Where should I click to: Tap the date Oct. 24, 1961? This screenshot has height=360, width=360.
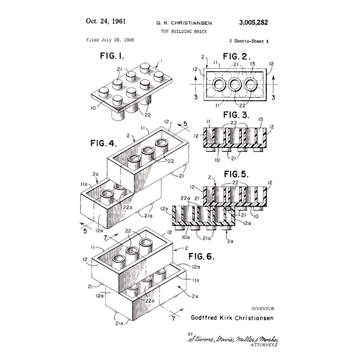105,21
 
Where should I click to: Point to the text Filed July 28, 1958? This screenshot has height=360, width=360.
110,40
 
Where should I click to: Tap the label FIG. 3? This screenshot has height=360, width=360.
235,115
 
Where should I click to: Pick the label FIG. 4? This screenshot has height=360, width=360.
103,144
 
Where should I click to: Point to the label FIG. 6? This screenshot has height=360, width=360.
202,257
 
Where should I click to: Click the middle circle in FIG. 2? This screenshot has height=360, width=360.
235,84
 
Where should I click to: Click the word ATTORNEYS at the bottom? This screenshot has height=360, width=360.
264,344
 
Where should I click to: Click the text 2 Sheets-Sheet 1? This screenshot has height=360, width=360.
248,40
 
